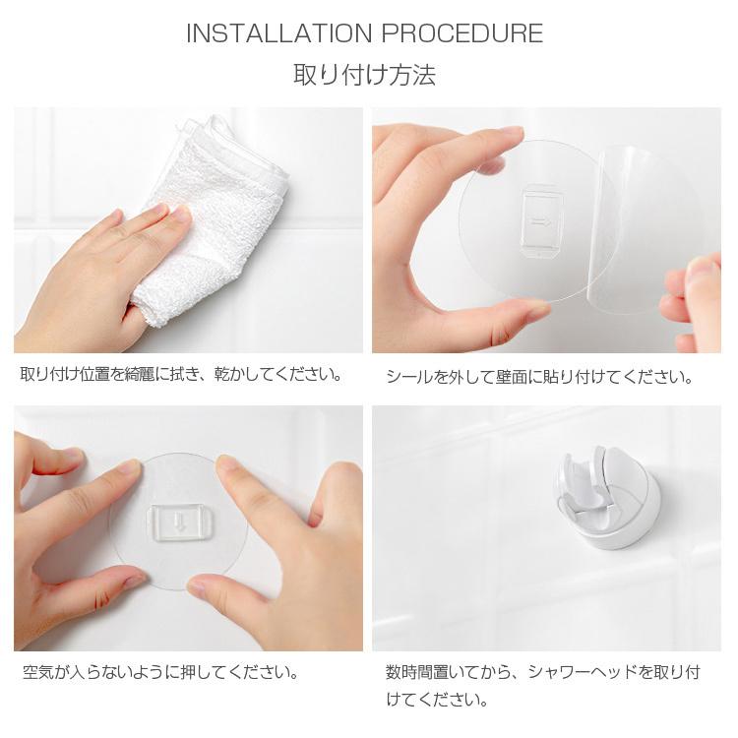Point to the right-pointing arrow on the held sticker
(x=541, y=224)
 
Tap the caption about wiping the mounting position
(x=182, y=375)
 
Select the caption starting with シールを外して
(x=539, y=377)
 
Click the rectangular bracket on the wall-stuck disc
(x=179, y=520)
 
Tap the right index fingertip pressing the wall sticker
(x=228, y=465)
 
